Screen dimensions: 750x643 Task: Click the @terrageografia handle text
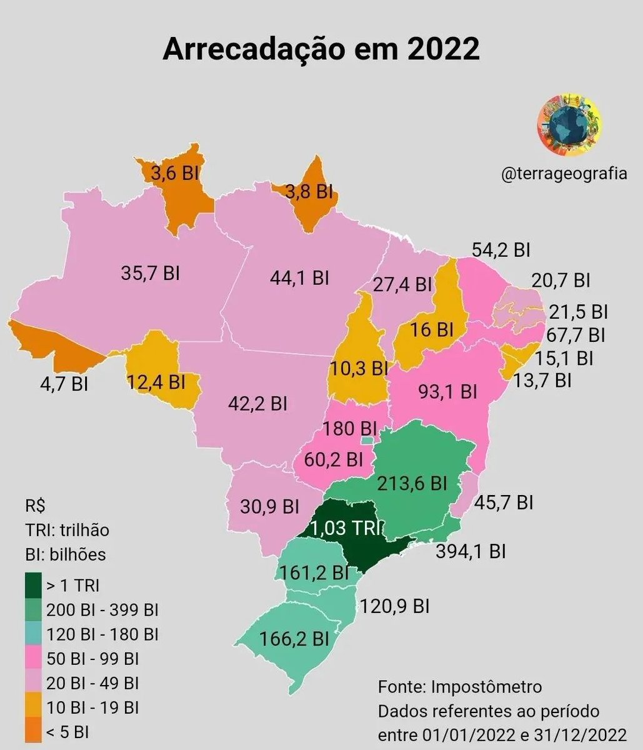point(564,174)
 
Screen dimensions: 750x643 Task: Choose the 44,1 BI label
point(299,278)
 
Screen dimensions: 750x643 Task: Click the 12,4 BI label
point(156,380)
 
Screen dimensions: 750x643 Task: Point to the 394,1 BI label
point(471,551)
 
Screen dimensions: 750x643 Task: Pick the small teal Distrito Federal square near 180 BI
point(367,441)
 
